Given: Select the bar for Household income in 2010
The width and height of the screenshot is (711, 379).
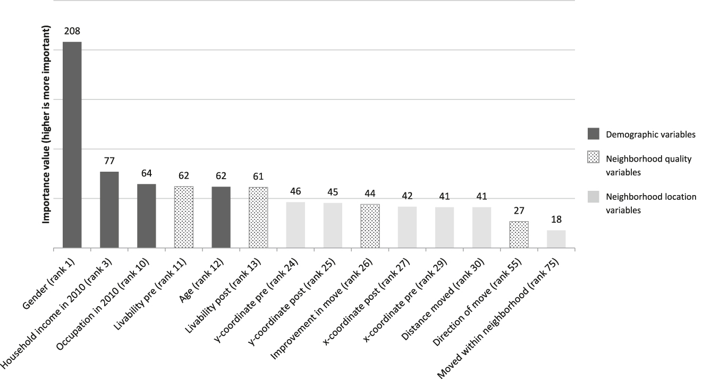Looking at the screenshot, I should (x=109, y=209).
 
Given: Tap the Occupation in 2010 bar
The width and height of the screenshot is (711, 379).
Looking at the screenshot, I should (x=146, y=216).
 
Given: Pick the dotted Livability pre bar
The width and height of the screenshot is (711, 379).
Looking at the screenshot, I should (x=183, y=217).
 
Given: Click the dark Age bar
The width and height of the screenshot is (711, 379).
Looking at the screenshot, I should (x=221, y=217).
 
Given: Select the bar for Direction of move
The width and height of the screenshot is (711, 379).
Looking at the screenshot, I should (x=519, y=234).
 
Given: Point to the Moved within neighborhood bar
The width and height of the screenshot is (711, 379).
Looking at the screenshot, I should (x=556, y=239).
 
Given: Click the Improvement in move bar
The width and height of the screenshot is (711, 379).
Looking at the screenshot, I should (x=370, y=226).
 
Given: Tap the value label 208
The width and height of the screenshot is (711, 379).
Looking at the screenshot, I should (x=72, y=31).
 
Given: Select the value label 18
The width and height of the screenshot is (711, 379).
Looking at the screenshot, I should (x=556, y=220).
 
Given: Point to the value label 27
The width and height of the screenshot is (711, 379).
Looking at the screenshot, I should (x=519, y=211).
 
